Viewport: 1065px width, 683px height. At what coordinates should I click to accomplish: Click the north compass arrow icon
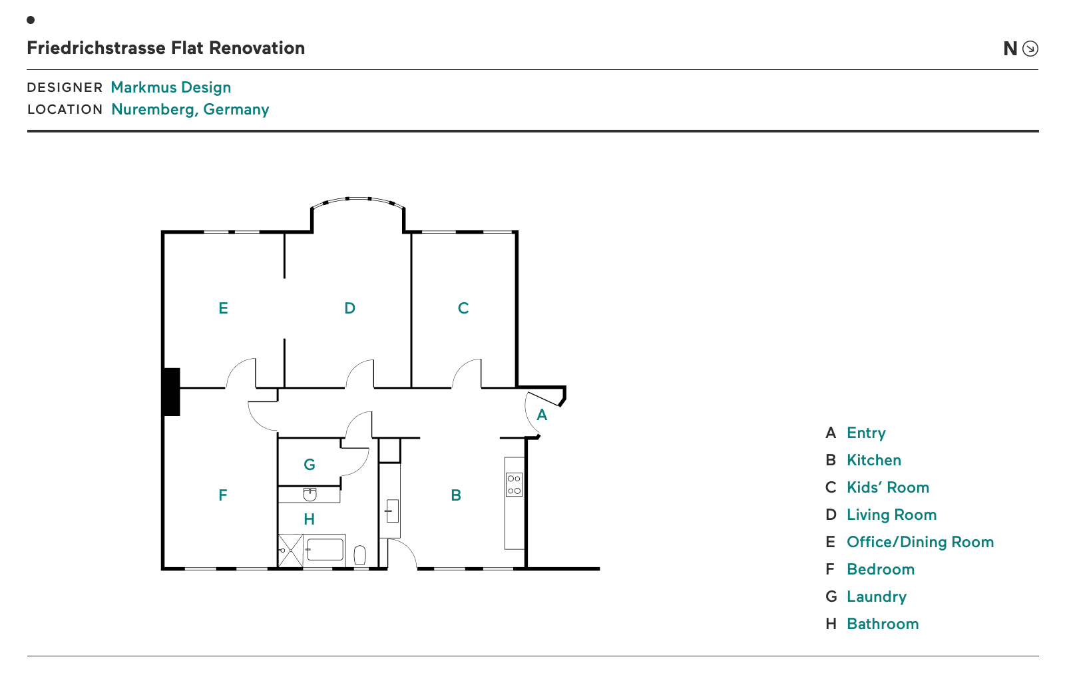1030,49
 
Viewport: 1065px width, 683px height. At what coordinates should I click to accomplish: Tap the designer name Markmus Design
170,87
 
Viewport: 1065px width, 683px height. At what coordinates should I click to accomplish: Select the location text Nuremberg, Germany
190,109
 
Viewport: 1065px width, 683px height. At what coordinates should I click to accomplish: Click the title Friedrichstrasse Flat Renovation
166,48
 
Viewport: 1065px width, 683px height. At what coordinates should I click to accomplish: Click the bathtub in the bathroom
325,550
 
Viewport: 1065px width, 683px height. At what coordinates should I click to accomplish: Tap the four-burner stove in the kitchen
514,485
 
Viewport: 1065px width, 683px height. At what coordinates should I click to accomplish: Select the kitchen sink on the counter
392,511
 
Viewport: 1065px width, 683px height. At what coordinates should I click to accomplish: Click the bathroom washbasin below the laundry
310,494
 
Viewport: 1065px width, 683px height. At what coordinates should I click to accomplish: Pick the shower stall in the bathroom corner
290,551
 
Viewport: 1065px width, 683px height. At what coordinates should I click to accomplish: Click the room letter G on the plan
309,464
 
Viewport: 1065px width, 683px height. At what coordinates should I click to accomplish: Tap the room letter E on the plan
223,308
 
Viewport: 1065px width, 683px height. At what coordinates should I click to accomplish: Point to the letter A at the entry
542,415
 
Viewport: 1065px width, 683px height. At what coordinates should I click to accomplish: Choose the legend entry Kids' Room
888,487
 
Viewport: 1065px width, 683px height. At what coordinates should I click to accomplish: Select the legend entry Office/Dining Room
920,543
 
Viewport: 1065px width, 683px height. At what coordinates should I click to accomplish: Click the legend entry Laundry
876,597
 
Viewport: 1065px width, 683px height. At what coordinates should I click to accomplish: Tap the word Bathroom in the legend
883,624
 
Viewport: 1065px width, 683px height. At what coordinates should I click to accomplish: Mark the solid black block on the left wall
171,392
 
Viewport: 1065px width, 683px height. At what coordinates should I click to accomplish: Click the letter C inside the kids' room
463,308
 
